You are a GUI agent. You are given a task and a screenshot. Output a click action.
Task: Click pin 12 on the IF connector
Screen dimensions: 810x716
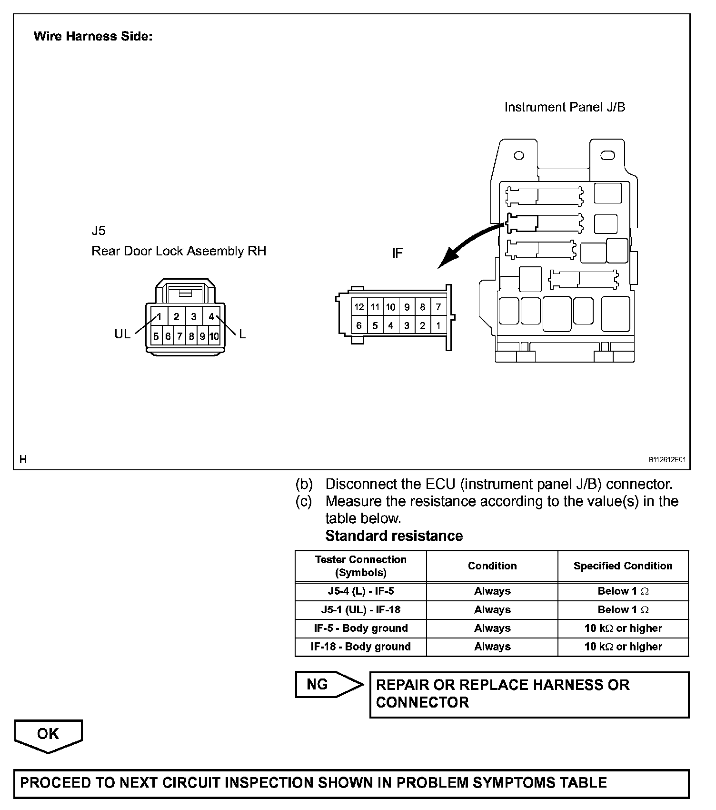click(x=359, y=307)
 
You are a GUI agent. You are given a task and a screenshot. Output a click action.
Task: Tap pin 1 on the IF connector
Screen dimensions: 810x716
click(x=438, y=326)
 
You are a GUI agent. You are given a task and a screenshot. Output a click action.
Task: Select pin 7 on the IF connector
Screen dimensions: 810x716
click(x=438, y=307)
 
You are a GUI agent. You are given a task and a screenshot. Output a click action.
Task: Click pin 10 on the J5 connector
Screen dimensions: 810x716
click(x=214, y=336)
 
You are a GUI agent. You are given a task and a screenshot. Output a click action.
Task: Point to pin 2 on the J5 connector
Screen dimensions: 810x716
click(x=176, y=317)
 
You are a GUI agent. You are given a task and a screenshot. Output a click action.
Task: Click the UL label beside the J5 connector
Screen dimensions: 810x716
click(x=122, y=334)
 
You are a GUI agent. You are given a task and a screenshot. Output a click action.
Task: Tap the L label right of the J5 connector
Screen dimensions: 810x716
click(x=242, y=334)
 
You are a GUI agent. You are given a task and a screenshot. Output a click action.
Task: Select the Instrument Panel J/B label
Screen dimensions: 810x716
click(x=565, y=107)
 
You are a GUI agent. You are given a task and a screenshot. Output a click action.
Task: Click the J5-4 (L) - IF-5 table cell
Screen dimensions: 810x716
click(x=361, y=591)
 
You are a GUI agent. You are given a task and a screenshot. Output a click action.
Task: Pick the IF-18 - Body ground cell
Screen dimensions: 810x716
click(x=361, y=647)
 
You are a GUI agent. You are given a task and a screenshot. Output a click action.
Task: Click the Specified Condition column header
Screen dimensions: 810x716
click(x=623, y=566)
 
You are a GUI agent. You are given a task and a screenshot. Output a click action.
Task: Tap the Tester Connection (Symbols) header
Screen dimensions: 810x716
click(x=361, y=566)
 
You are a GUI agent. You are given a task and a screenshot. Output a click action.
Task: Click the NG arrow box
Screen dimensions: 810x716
click(x=328, y=685)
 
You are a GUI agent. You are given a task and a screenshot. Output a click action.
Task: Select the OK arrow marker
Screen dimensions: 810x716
click(x=49, y=735)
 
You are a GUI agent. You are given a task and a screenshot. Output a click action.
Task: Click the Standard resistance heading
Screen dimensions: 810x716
click(x=394, y=536)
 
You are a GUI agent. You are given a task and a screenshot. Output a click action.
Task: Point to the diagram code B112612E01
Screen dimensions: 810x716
click(x=666, y=460)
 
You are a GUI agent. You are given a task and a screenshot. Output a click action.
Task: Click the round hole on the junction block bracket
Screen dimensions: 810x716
click(x=519, y=155)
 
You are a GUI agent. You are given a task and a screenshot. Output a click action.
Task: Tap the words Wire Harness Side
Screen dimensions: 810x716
click(x=93, y=36)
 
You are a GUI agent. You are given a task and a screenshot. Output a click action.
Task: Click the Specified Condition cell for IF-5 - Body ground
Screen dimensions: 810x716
click(x=623, y=628)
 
